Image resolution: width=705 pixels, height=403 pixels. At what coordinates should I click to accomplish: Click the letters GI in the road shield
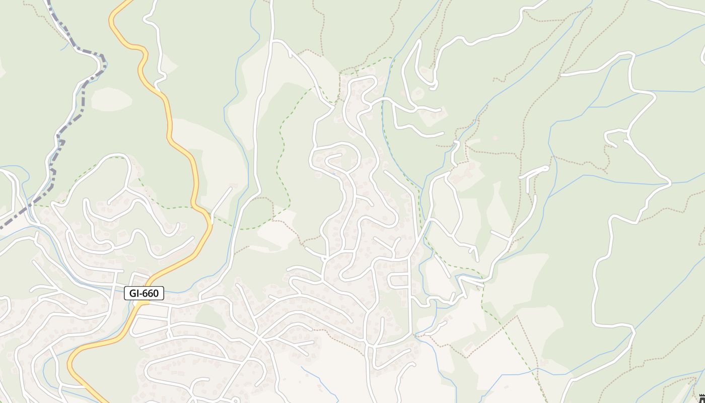tap(135, 293)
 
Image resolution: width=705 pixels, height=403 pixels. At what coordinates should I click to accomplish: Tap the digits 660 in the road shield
tap(150, 293)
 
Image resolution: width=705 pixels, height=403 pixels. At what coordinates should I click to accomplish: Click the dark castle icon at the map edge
tap(702, 398)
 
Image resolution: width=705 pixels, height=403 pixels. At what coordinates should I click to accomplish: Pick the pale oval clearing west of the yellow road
tap(111, 99)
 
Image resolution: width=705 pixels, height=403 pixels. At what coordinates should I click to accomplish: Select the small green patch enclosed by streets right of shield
tap(208, 315)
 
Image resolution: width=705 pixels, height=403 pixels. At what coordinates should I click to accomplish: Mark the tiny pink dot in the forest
tap(495, 137)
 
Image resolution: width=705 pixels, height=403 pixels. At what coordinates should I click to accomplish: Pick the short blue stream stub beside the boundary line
tap(64, 46)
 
